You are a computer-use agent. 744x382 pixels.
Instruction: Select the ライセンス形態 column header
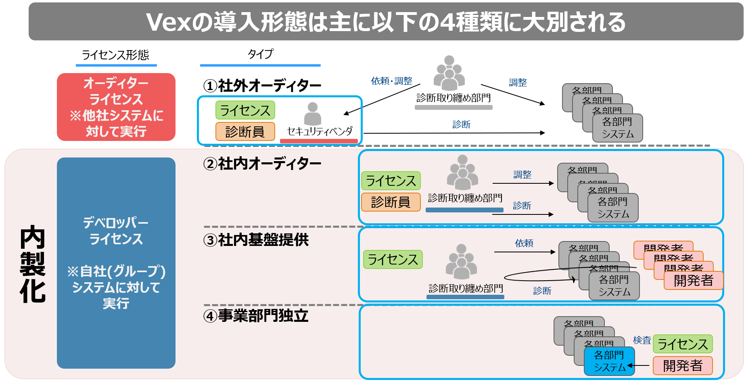116,55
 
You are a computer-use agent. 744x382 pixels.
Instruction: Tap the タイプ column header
260,54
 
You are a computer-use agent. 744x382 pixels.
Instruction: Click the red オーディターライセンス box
116,107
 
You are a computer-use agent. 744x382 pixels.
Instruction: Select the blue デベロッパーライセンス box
116,262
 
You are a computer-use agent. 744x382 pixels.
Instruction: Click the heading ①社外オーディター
262,86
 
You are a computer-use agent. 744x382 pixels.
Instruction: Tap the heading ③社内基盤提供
256,240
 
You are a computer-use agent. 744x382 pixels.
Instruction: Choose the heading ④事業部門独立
256,316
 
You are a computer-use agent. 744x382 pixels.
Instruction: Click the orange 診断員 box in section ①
245,132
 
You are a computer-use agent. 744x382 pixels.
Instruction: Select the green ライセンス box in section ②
391,181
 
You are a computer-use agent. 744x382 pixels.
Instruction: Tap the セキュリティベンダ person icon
312,113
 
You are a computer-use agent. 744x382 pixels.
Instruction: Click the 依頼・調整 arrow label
391,81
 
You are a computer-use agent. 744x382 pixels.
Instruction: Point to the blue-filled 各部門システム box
609,361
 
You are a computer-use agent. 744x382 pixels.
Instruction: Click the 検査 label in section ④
642,340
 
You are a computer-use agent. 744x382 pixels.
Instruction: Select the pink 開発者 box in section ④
683,365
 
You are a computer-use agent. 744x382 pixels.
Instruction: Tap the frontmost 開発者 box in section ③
693,280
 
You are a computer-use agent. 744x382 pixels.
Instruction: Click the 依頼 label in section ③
524,243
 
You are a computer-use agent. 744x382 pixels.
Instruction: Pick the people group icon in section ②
462,172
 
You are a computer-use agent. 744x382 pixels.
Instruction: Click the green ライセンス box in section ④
683,344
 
